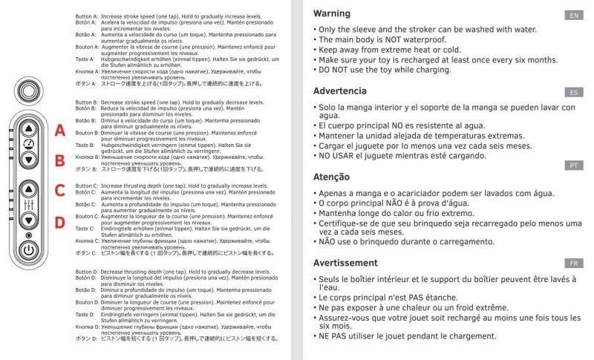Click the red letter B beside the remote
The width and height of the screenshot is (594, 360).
(x=61, y=160)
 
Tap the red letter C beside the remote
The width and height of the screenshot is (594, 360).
(x=61, y=190)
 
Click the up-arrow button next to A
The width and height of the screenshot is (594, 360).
(x=28, y=128)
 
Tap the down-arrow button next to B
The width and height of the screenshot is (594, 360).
(x=28, y=159)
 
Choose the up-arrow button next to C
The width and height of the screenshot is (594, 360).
(x=28, y=189)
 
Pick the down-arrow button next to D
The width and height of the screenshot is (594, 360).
(x=28, y=220)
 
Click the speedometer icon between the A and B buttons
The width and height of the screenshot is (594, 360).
(x=28, y=143)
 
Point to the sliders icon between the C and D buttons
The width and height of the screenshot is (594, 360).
(x=28, y=204)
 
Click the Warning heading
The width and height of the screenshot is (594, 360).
(x=332, y=13)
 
